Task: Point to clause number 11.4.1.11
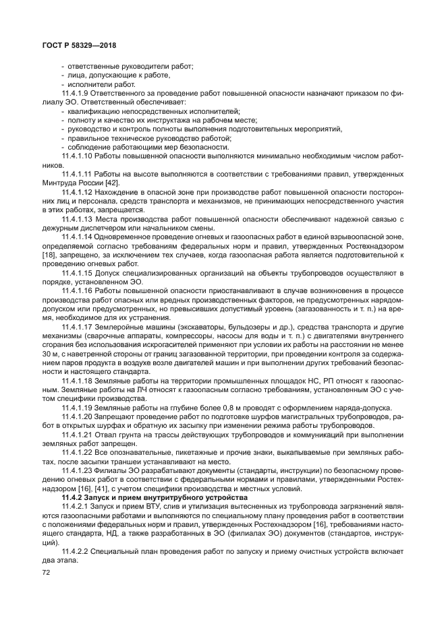[78, 173]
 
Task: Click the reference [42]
[112, 183]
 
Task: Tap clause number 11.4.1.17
[78, 325]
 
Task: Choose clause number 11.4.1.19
[78, 407]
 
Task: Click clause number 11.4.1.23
[78, 470]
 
